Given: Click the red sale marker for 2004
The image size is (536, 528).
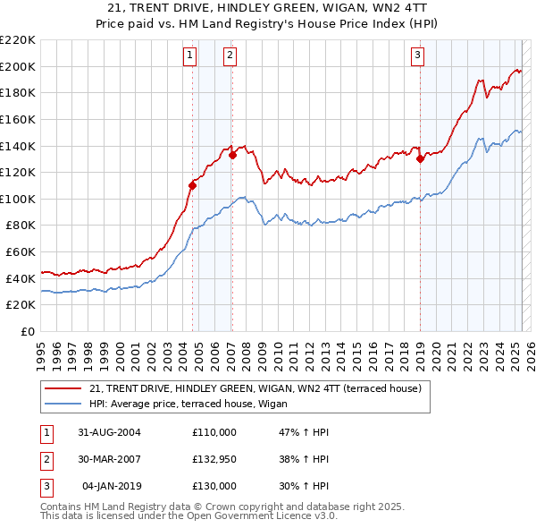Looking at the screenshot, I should click(192, 185).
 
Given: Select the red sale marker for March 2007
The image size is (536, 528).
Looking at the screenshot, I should click(232, 155).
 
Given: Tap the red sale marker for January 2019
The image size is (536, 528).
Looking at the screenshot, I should click(420, 158).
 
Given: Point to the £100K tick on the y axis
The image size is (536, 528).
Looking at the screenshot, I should click(18, 199).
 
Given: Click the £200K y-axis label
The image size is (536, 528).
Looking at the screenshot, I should click(18, 66).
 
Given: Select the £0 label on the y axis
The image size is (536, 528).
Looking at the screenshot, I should click(26, 332).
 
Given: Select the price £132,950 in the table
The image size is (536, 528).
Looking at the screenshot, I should click(214, 459).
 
